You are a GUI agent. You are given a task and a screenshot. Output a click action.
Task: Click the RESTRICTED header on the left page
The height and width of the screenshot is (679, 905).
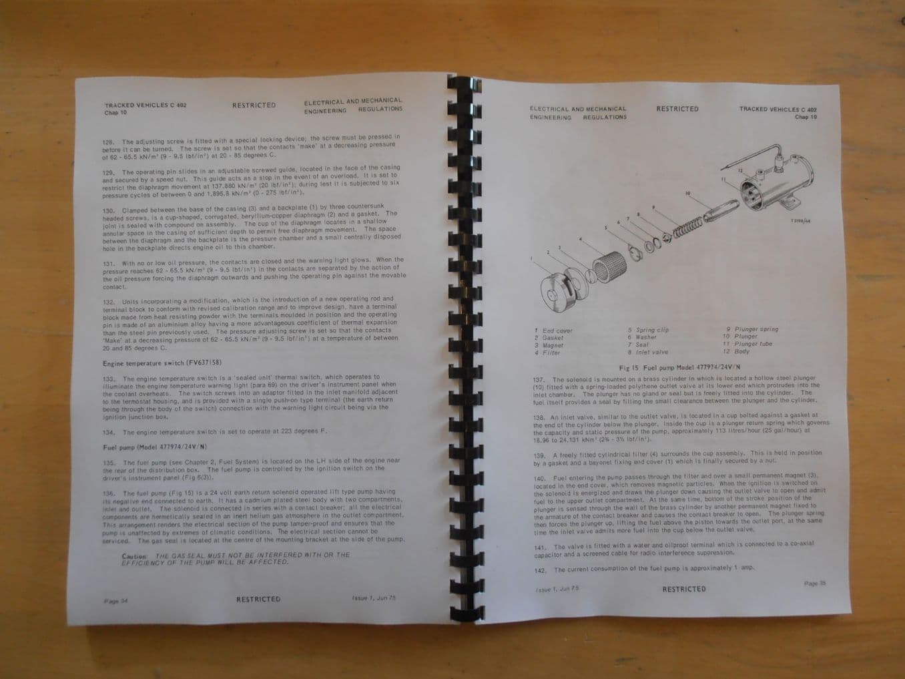(254, 105)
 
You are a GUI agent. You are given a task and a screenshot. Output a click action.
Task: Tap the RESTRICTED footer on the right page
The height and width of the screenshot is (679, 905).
(683, 589)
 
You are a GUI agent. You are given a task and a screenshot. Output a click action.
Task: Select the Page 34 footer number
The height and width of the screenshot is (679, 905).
(115, 601)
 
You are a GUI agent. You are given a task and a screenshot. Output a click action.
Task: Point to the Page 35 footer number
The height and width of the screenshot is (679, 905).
(815, 583)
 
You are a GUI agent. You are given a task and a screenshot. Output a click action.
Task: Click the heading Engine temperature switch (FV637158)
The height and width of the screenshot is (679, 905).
(162, 363)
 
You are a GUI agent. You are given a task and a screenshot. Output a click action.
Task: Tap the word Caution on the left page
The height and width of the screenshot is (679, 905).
(134, 556)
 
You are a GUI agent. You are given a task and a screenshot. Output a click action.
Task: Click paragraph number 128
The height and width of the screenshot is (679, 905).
(108, 142)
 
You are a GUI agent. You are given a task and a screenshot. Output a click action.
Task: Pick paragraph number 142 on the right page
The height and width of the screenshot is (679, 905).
(540, 570)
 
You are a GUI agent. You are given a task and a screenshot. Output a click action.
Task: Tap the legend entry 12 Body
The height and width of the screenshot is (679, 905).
(736, 351)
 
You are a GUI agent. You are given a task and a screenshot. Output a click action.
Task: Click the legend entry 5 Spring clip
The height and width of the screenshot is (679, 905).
(648, 330)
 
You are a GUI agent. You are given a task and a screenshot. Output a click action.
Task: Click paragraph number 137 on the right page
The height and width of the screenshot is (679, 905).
(539, 379)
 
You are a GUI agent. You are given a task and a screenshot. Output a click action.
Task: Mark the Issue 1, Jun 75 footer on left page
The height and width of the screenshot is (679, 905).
(373, 598)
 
